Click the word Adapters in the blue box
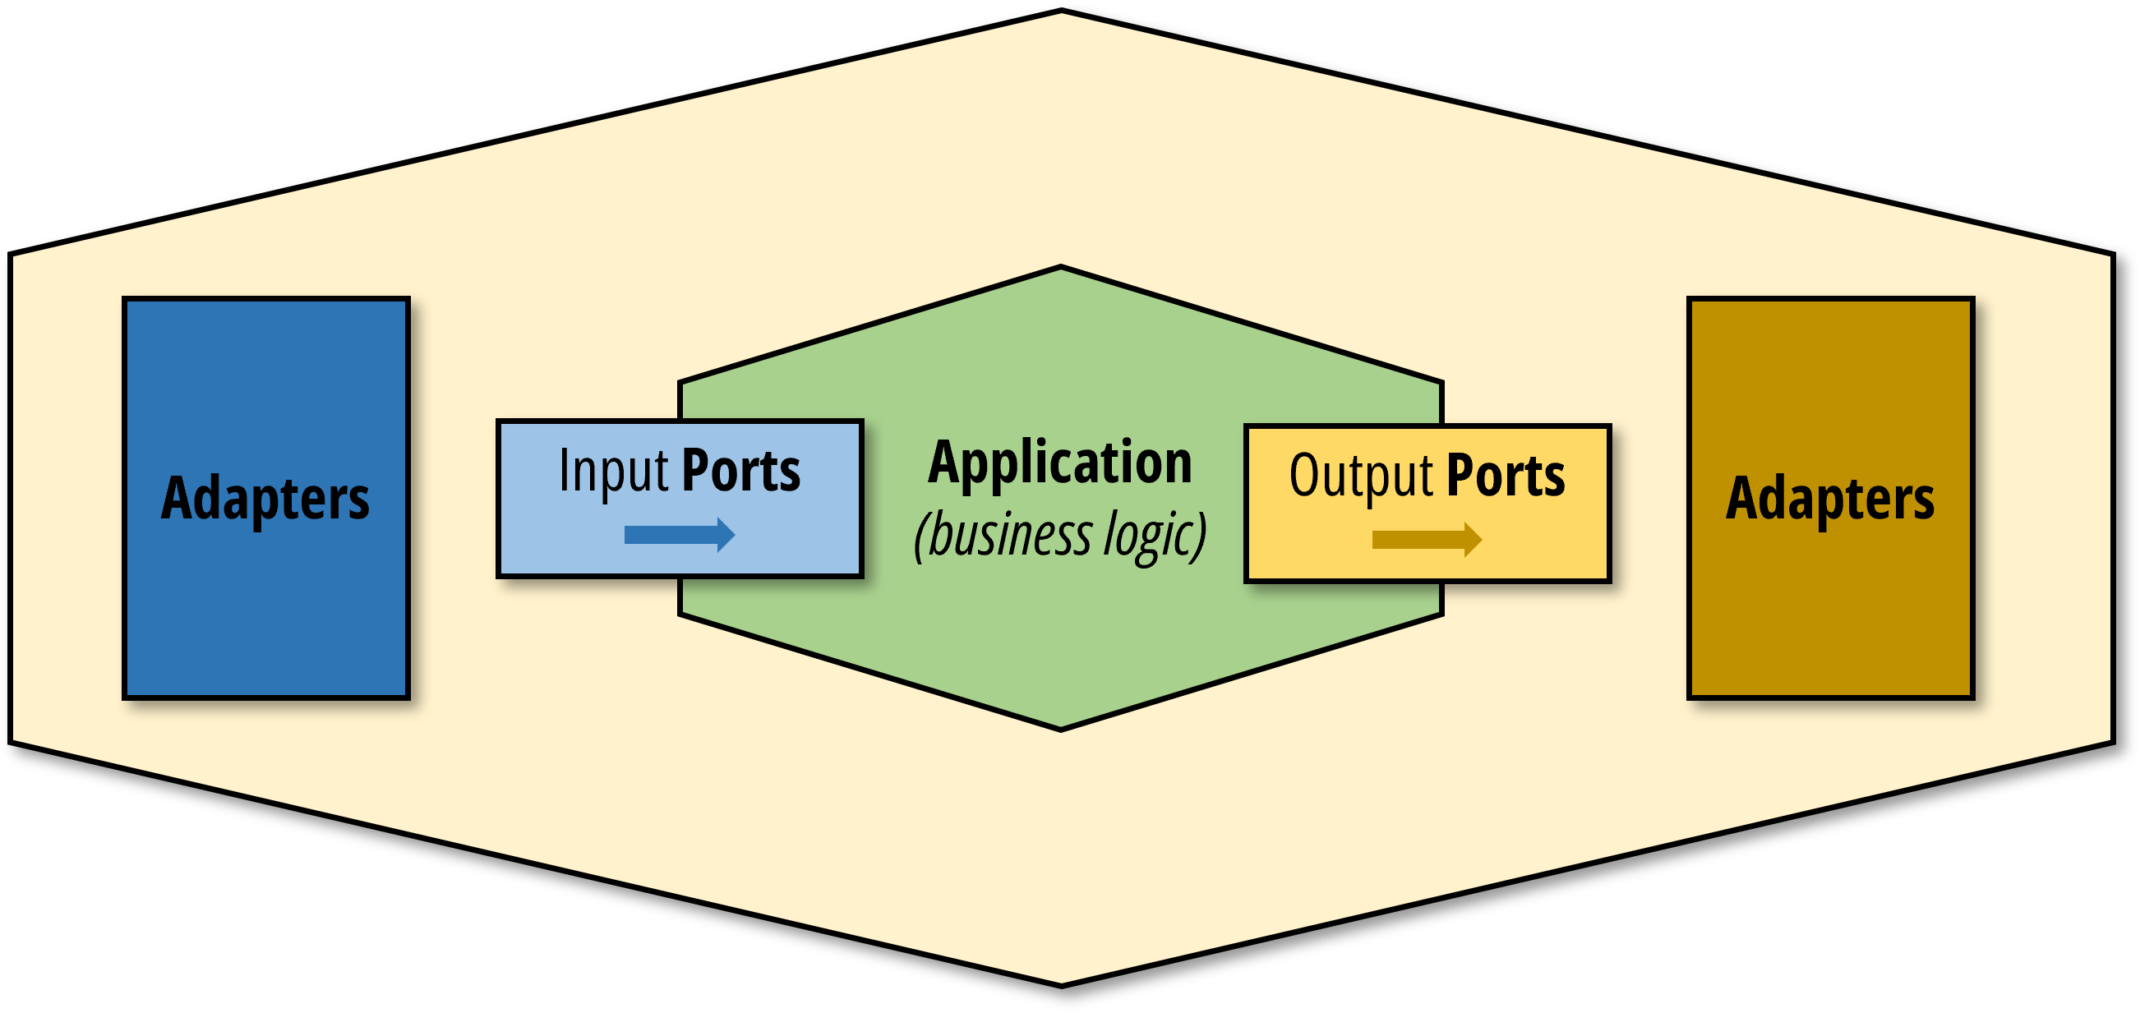[x=265, y=498]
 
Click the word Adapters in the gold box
[x=1829, y=498]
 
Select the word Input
[x=613, y=471]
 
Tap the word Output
[x=1361, y=476]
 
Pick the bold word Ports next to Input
[x=740, y=471]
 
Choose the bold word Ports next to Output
[x=1506, y=476]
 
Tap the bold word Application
[x=1060, y=463]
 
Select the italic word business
[x=1010, y=535]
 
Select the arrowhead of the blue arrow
[x=725, y=535]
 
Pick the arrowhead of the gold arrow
[x=1472, y=541]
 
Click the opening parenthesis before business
[x=919, y=536]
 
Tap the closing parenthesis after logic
[x=1201, y=536]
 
